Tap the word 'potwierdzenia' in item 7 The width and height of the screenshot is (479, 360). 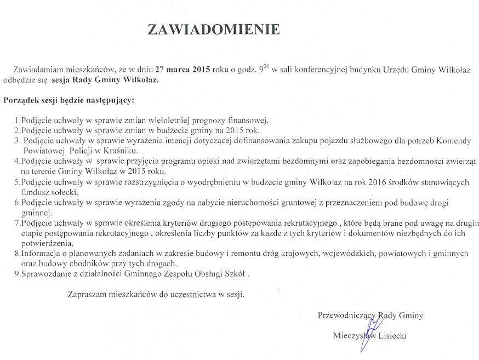pyautogui.click(x=47, y=243)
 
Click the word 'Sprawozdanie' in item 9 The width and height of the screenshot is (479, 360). pyautogui.click(x=43, y=273)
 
